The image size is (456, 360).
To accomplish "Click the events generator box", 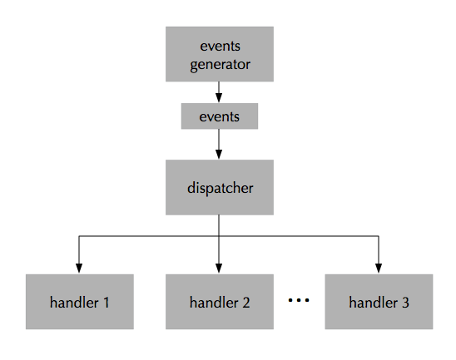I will coord(220,53).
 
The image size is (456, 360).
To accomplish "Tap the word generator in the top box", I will coord(220,63).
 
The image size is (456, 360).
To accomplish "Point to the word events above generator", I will coord(220,45).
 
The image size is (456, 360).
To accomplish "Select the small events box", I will coord(220,116).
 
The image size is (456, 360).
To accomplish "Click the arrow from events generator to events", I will coord(220,91).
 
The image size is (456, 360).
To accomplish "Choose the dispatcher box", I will coord(220,187).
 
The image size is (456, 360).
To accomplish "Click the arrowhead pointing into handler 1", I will coord(79,268).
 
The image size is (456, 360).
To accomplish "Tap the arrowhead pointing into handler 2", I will coord(220,268).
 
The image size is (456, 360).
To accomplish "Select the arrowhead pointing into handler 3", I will coord(379,268).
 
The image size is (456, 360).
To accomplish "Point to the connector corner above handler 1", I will coord(79,237).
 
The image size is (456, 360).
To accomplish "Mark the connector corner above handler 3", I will coord(379,237).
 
